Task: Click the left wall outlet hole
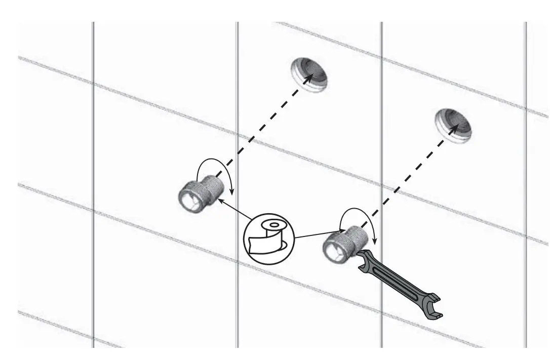point(309,74)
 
